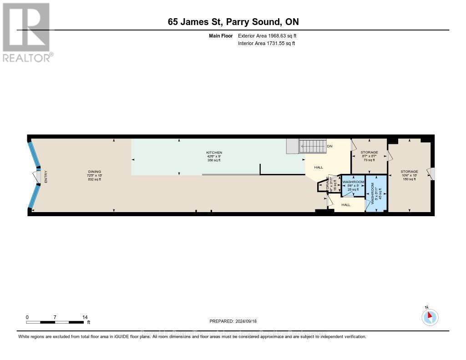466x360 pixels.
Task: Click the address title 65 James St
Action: [x=233, y=21]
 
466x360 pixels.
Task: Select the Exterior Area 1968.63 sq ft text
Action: [x=267, y=35]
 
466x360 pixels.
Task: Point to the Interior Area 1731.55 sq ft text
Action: [x=267, y=43]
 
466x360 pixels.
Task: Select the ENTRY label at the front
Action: [x=46, y=177]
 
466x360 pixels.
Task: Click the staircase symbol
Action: [x=313, y=146]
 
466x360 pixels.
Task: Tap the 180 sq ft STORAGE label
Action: [x=409, y=175]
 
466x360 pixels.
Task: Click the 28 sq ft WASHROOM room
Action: [x=354, y=186]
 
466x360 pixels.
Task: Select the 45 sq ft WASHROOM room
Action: [x=376, y=193]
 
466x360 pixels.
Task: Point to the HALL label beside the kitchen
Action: [x=319, y=167]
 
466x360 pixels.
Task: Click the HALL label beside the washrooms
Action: [x=346, y=205]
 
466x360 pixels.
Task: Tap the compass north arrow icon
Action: [x=430, y=317]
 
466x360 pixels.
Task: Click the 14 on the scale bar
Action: [x=84, y=317]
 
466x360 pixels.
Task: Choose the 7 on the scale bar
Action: [x=55, y=317]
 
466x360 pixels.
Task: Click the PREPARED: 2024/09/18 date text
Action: [x=233, y=321]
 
